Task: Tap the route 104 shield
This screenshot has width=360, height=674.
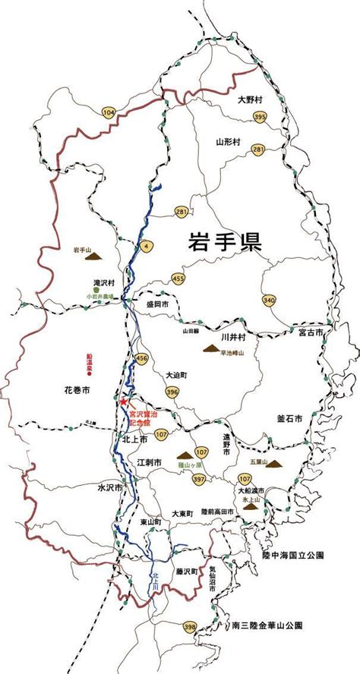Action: pos(109,112)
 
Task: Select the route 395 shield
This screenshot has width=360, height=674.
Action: pos(261,117)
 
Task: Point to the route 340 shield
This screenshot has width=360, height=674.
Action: pos(268,301)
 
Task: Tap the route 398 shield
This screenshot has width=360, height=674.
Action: pos(190,627)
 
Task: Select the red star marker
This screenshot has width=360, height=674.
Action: pos(125,402)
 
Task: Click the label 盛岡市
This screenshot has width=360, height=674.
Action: pos(156,304)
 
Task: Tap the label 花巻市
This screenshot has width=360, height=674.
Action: pos(77,390)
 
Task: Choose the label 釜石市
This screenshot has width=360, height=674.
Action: pos(290,418)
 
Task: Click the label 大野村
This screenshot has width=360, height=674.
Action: pos(249,99)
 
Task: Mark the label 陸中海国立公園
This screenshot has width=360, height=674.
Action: pos(293,556)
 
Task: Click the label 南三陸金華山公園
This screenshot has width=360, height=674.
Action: pos(267,626)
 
